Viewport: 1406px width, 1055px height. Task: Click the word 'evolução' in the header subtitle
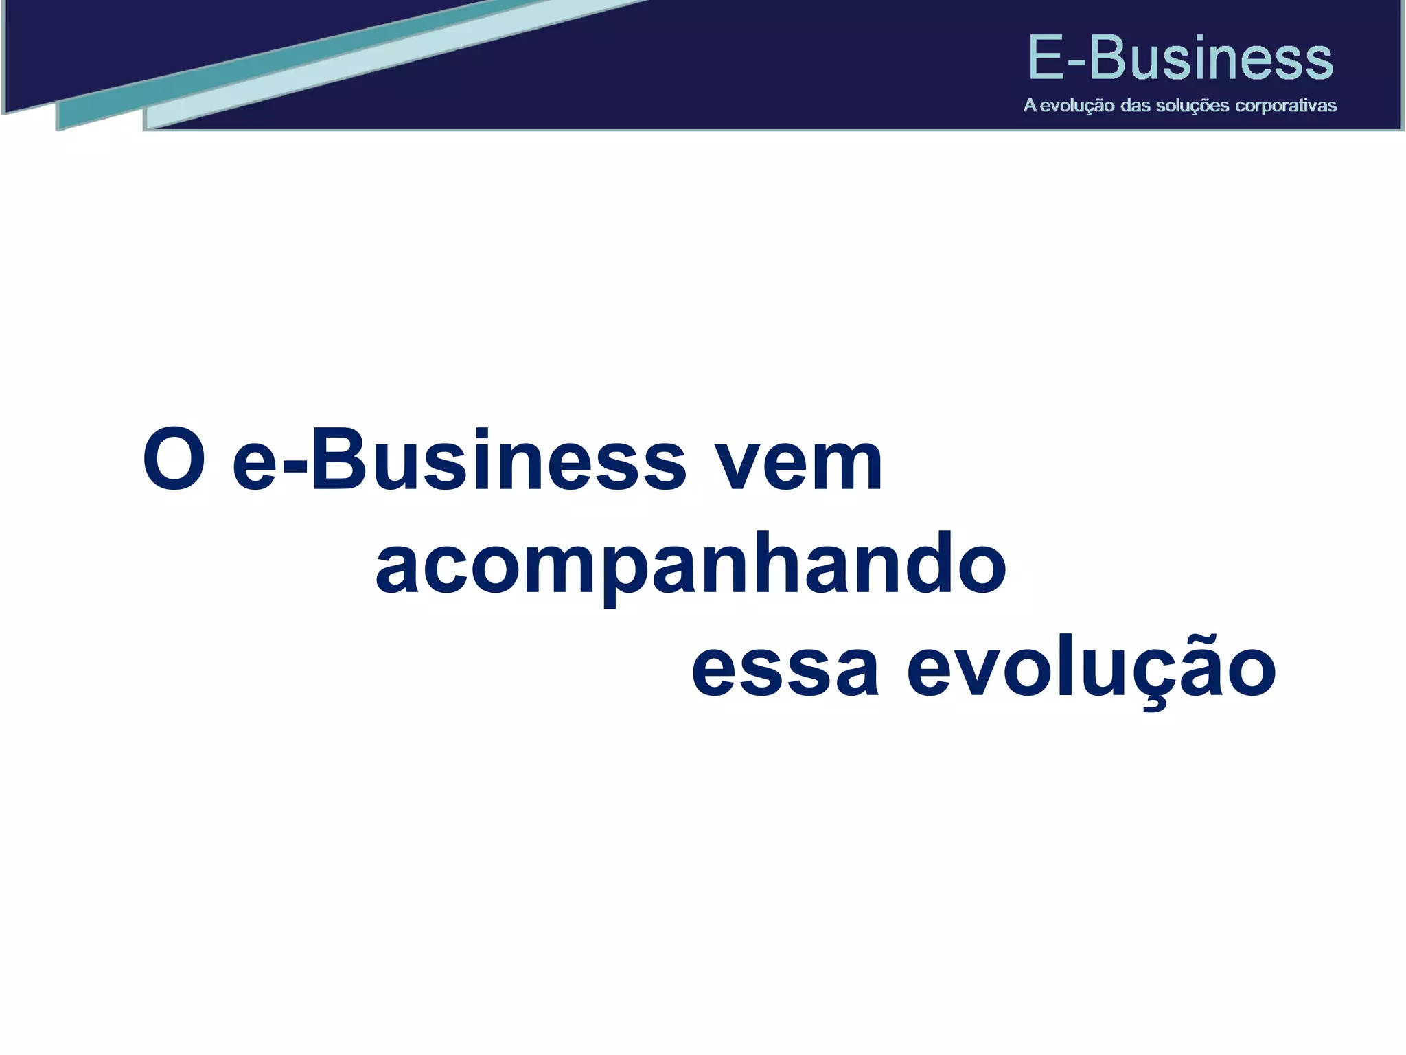(x=1076, y=106)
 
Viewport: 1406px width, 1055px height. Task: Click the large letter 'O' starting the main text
(x=174, y=460)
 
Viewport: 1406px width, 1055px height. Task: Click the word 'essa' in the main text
(x=785, y=669)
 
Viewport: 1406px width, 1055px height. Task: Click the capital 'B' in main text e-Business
(x=341, y=460)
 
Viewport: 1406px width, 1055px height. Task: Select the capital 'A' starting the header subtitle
(x=1030, y=106)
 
